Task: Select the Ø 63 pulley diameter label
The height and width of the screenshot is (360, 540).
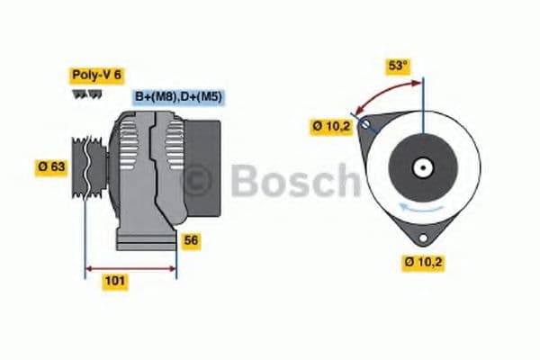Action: (x=51, y=166)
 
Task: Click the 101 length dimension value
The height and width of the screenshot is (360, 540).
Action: (x=114, y=281)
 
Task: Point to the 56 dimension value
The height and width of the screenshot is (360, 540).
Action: (x=191, y=240)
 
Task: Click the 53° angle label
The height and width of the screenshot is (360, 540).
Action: (x=397, y=65)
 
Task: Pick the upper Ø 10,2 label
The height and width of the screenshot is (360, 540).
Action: (x=330, y=127)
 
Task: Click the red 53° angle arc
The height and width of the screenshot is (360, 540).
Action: (x=387, y=91)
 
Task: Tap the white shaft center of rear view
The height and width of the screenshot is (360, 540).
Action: (x=421, y=167)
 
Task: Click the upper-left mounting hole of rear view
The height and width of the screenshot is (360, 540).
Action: (x=365, y=123)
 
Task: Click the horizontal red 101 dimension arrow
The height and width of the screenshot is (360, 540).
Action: (x=130, y=267)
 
